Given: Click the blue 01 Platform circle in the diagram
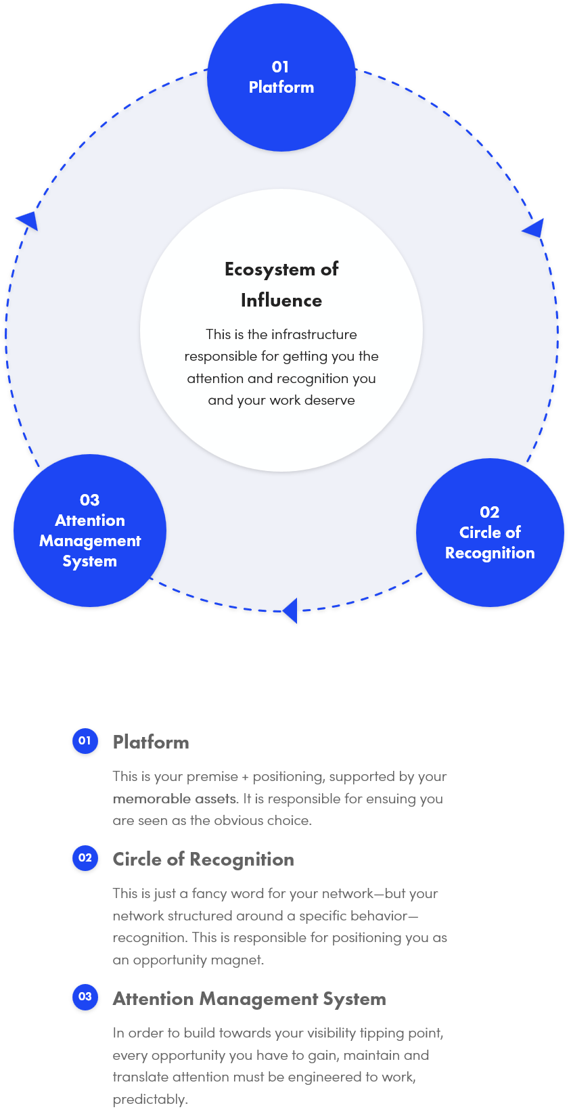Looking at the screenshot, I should pos(281,77).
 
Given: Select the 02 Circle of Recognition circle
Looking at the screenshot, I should pos(490,533).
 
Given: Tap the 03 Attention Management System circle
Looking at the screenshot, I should pos(90,531).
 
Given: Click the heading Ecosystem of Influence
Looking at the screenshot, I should pos(281,284).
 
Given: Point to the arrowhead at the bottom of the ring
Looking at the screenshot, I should pos(290,610).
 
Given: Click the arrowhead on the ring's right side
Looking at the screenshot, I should pos(534,229).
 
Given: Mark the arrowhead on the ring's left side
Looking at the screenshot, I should pos(28,220).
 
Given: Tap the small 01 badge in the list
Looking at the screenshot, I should pos(85,740).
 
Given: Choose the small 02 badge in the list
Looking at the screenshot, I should pos(85,858).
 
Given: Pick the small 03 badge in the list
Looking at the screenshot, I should pos(85,997).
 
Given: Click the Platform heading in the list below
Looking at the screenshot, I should pos(151,742).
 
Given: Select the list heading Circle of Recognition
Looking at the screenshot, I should pos(203,860).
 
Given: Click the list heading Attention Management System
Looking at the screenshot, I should pos(249,999).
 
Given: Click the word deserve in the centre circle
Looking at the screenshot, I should pos(329,400).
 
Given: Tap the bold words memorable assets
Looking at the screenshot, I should pos(175,799).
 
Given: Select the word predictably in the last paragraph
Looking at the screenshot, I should pos(150,1099).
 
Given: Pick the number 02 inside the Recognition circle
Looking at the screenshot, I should pos(490,512).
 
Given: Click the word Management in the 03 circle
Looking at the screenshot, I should pos(90,541).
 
